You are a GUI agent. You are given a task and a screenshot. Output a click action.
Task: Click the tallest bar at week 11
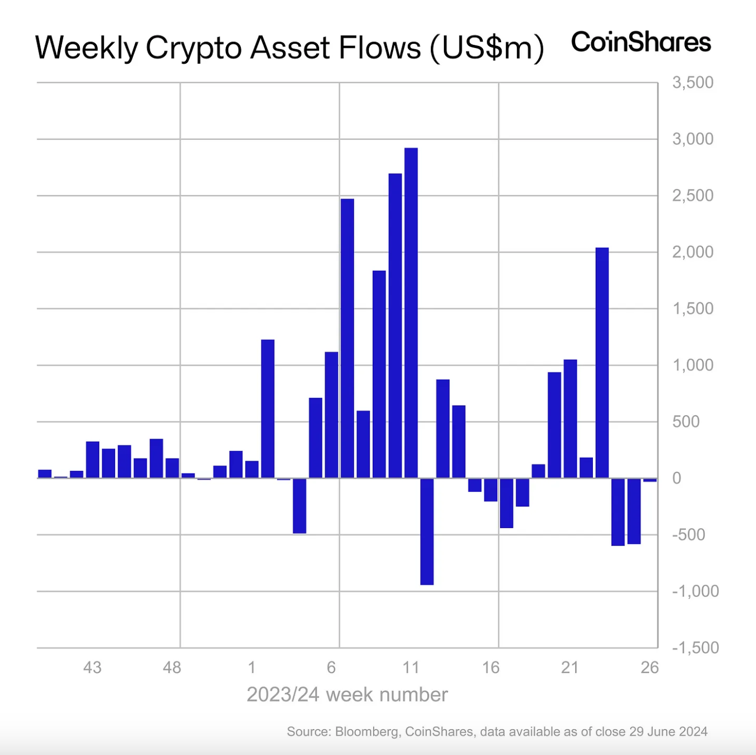coord(411,313)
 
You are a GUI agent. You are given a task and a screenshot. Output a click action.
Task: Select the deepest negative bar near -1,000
coord(427,531)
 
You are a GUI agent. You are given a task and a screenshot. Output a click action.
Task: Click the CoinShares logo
coord(641,42)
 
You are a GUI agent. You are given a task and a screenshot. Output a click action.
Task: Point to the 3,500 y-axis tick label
coord(693,83)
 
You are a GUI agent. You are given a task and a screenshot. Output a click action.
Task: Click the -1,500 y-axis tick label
coord(695,648)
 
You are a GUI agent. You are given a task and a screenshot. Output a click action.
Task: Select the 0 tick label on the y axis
coord(676,478)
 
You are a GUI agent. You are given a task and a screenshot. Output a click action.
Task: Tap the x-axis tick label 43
coord(92,668)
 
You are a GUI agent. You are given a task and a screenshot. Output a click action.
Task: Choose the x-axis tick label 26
coord(650,668)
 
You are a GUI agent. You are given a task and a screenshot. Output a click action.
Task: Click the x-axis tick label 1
coord(252,668)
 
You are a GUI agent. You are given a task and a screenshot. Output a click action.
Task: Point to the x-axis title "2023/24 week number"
coord(347,695)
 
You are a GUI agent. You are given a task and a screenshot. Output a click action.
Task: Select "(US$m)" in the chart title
coord(487,48)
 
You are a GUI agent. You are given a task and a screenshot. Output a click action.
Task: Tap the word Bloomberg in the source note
coord(367,732)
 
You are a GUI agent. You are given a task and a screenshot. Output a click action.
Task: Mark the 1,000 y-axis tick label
coord(693,365)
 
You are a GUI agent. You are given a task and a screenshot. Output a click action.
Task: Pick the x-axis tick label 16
coord(490,668)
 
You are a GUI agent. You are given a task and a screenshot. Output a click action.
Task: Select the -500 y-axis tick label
coord(688,535)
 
